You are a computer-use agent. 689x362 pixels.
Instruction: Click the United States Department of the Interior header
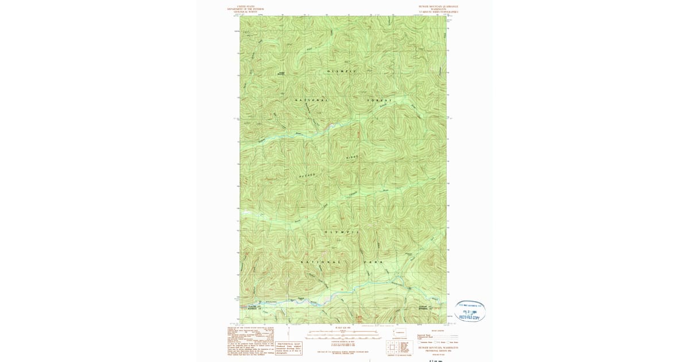tap(246, 9)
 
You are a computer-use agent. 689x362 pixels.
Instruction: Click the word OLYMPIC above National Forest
tap(342, 71)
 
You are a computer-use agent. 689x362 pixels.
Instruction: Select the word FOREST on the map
tap(380, 101)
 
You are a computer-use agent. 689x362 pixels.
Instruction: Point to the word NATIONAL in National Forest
tap(312, 101)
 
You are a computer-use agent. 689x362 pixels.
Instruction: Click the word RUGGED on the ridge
tap(308, 175)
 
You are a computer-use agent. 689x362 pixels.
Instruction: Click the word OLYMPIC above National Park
tap(342, 232)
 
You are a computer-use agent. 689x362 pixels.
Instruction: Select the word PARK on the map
tap(374, 262)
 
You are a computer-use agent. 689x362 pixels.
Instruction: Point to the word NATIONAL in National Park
tap(320, 262)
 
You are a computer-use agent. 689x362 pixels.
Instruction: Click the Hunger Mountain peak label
tap(281, 73)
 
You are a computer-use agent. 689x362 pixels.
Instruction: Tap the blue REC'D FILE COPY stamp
tap(470, 311)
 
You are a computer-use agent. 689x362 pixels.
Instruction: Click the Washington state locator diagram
tap(400, 332)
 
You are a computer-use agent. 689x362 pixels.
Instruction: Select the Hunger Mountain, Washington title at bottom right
tap(439, 348)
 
